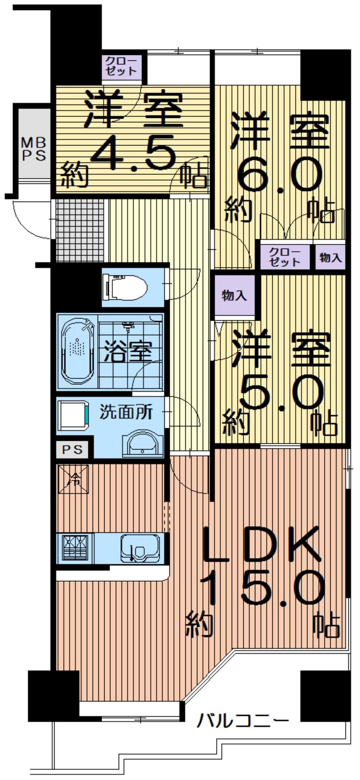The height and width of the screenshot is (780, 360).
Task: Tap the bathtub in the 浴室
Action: click(x=78, y=351)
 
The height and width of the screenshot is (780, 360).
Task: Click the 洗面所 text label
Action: click(x=126, y=412)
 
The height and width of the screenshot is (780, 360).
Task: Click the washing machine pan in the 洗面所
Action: click(x=74, y=415)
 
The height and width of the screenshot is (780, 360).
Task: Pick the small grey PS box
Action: click(x=72, y=449)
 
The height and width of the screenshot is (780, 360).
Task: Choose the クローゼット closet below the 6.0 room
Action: click(x=284, y=257)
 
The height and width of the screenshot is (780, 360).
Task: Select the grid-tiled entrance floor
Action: click(x=80, y=230)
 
